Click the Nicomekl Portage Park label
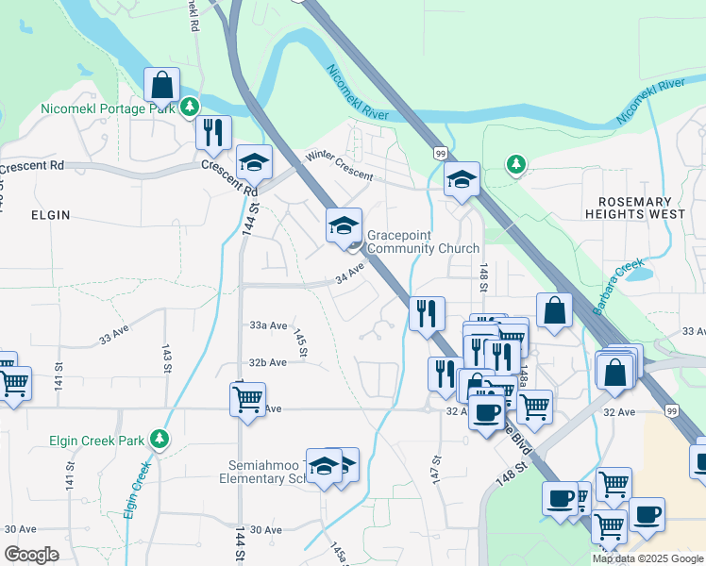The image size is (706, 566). (109, 108)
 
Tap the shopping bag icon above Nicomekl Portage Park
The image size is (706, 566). (162, 84)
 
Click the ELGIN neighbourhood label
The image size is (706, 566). (51, 215)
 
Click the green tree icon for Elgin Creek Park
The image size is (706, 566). (160, 438)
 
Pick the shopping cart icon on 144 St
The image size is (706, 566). (247, 398)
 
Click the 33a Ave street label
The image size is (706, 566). (268, 325)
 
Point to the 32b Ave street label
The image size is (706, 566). (268, 362)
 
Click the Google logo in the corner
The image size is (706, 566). (31, 554)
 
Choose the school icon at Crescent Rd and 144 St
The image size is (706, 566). (254, 162)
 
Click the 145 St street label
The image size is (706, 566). (301, 343)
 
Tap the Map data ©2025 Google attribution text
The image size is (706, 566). (647, 558)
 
